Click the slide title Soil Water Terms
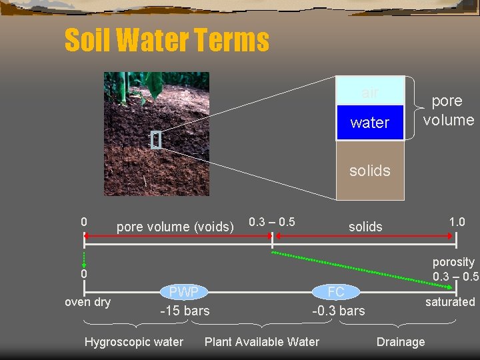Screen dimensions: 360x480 click(x=167, y=40)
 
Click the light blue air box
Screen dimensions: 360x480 click(x=370, y=91)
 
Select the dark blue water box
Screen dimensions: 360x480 click(x=370, y=123)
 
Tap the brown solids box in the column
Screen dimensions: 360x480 click(x=370, y=171)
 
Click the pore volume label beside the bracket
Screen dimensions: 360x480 click(x=448, y=111)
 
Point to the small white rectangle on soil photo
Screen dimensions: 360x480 click(x=156, y=140)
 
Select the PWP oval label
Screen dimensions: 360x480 click(x=183, y=292)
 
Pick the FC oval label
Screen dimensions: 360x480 click(x=336, y=292)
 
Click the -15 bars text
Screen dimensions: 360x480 click(x=185, y=311)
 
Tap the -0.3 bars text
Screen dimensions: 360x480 click(x=339, y=311)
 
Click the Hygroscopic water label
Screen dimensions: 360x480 click(x=134, y=342)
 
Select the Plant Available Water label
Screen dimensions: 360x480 click(x=261, y=342)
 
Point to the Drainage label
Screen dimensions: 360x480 click(x=401, y=342)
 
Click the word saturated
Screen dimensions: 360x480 click(x=450, y=302)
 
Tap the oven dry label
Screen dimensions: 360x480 click(x=87, y=302)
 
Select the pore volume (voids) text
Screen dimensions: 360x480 click(x=175, y=227)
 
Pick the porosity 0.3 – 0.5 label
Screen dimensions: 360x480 click(x=455, y=269)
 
